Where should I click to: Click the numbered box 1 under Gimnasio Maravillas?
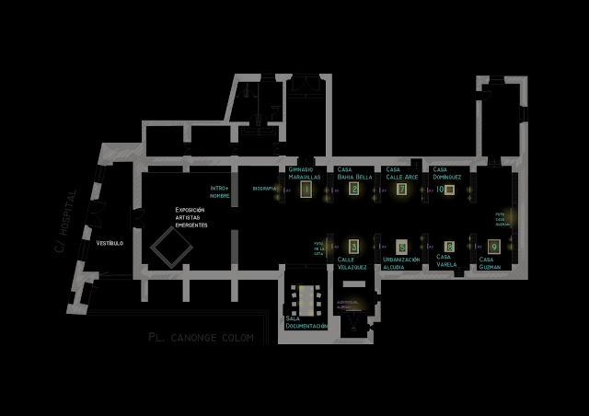coord(307,189)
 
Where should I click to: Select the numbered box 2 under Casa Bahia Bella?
coord(354,189)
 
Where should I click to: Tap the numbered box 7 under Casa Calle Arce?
coord(401,189)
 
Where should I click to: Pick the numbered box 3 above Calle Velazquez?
coord(353,246)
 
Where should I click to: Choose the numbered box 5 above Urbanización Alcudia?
coord(401,247)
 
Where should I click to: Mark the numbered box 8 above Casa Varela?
coord(448,247)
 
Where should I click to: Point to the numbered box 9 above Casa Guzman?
coord(494,247)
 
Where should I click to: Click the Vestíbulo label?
coord(110,243)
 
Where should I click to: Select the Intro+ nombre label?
coord(219,191)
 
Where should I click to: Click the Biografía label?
coord(264,189)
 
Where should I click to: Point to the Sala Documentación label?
coord(306,322)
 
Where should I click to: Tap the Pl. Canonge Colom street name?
coord(200,338)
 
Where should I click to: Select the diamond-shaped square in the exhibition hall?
coord(170,245)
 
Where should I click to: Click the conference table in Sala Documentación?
coord(303,296)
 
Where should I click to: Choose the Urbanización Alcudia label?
coord(401,264)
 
